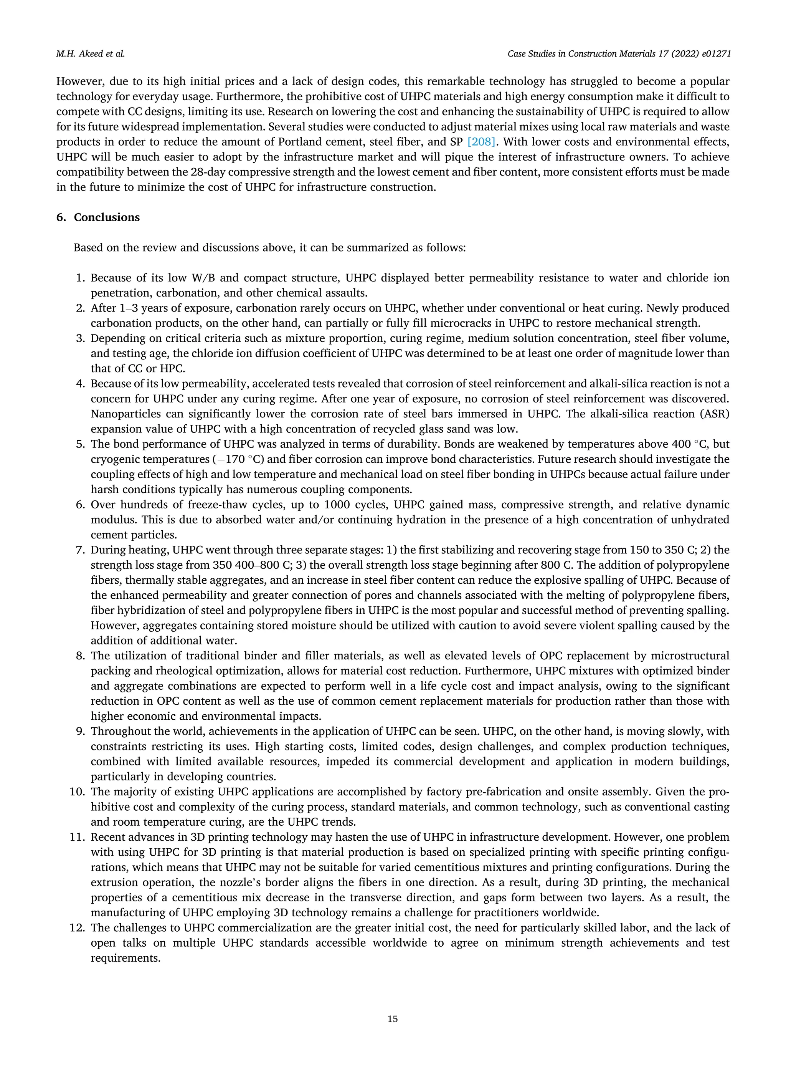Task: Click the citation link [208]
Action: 482,142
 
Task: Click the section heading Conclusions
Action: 107,217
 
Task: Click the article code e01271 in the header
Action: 715,54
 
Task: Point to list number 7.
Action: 80,550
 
